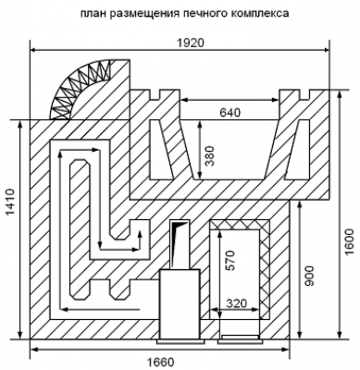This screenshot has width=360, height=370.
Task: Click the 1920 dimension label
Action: pyautogui.click(x=191, y=43)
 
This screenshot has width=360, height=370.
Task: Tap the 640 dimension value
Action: pyautogui.click(x=230, y=113)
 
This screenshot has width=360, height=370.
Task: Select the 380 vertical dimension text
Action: pyautogui.click(x=209, y=156)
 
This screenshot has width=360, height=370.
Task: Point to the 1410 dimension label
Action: pyautogui.click(x=10, y=203)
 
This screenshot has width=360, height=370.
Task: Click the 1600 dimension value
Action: pyautogui.click(x=350, y=242)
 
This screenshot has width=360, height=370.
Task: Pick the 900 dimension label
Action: pyautogui.click(x=310, y=276)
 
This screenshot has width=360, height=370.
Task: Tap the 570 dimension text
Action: pyautogui.click(x=230, y=261)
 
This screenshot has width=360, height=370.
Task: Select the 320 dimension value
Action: pyautogui.click(x=237, y=303)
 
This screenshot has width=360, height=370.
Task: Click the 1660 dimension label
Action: pyautogui.click(x=160, y=362)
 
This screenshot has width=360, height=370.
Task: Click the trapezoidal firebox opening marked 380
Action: pyautogui.click(x=230, y=150)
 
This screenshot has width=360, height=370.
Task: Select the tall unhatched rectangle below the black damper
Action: pyautogui.click(x=180, y=304)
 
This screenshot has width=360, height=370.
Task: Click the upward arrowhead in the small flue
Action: pyautogui.click(x=140, y=233)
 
